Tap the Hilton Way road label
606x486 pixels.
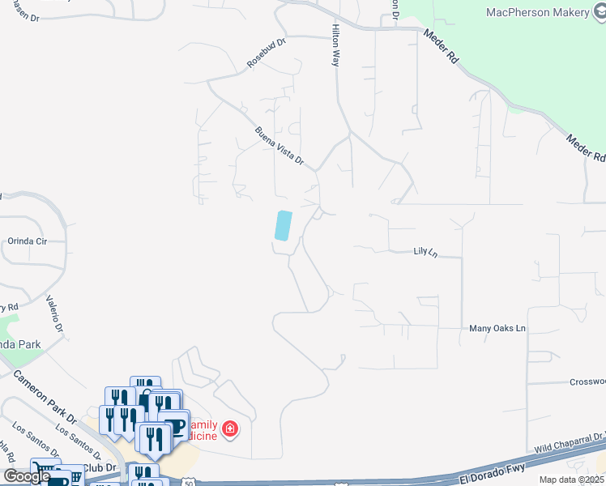point(336,45)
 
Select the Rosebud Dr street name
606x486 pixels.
point(267,53)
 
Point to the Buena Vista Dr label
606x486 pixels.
point(279,147)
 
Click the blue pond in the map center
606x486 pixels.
point(283,225)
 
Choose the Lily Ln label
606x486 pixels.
point(425,253)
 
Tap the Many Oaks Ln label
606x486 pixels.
point(497,329)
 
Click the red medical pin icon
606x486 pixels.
point(230,428)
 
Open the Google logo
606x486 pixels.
point(28,476)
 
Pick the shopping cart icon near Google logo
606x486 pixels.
point(45,471)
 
